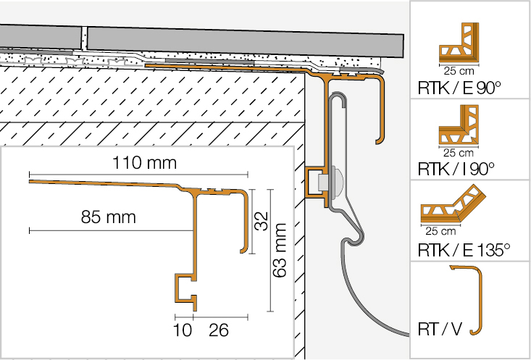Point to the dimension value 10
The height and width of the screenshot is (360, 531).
coord(184,330)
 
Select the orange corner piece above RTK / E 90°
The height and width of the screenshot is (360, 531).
coord(458,43)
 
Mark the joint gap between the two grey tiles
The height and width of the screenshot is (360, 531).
coord(85,39)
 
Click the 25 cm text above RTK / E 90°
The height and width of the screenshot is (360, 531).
coord(454,71)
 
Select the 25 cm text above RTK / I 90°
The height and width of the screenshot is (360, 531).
coord(454,153)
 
